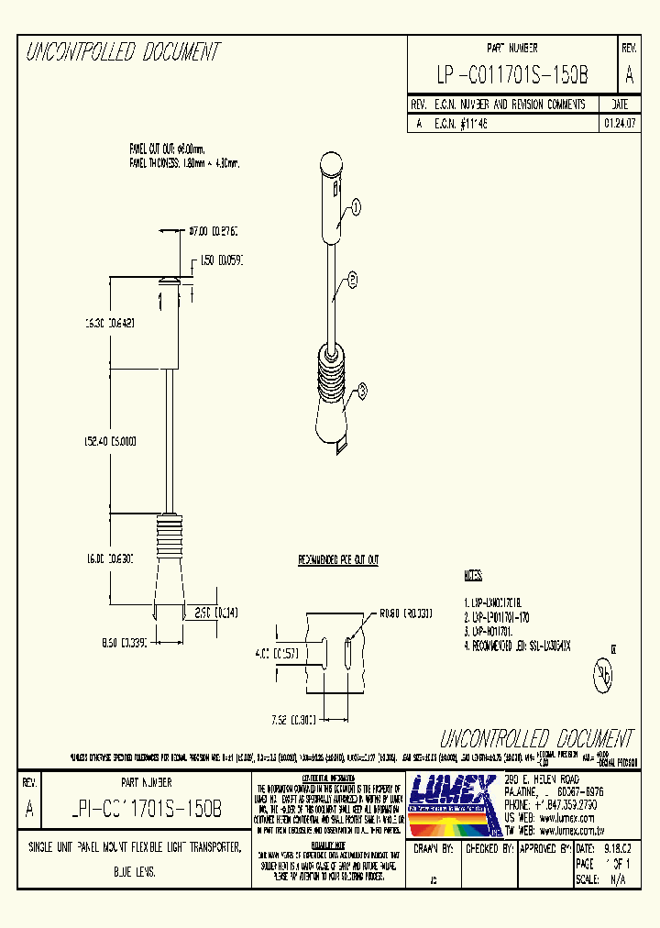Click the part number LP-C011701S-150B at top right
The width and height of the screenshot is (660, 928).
tap(512, 73)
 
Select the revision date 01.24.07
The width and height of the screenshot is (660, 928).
tap(620, 122)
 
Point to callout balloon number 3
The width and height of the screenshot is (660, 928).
tap(361, 392)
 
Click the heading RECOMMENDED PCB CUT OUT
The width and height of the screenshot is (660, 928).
tap(339, 559)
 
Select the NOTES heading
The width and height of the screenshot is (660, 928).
tap(473, 576)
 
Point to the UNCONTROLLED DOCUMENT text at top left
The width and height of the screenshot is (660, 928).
tap(122, 53)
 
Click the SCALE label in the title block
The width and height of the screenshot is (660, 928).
tap(587, 878)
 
